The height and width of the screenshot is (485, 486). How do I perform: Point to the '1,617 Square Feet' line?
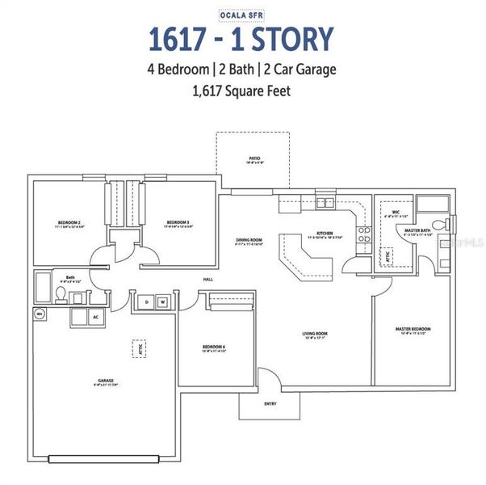pyautogui.click(x=241, y=91)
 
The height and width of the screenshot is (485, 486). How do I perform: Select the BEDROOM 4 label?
pyautogui.click(x=213, y=348)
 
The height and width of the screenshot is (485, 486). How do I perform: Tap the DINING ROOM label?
pyautogui.click(x=250, y=240)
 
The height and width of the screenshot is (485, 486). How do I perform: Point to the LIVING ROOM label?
pyautogui.click(x=314, y=333)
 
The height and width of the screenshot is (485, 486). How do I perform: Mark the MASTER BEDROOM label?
pyautogui.click(x=413, y=329)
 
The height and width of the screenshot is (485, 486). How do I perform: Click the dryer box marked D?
pyautogui.click(x=147, y=302)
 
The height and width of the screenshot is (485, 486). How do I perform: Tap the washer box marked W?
pyautogui.click(x=161, y=302)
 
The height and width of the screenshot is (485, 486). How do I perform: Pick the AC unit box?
pyautogui.click(x=95, y=317)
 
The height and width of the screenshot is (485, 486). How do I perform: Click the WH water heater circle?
pyautogui.click(x=39, y=313)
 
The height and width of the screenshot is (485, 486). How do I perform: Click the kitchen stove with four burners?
pyautogui.click(x=364, y=234)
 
